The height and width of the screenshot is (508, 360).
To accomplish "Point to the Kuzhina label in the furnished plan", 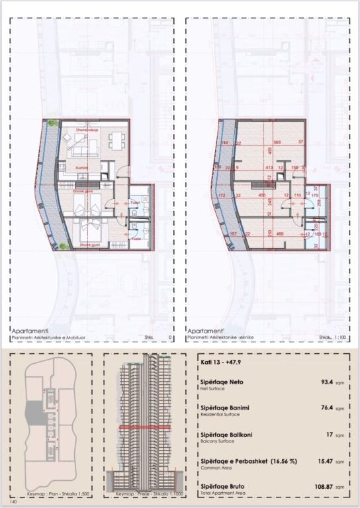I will click(x=82, y=169).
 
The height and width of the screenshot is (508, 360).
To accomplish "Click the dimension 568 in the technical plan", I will click(x=277, y=142).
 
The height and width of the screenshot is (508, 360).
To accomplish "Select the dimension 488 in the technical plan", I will click(x=280, y=233).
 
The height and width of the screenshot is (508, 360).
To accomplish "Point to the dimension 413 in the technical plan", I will click(x=270, y=168).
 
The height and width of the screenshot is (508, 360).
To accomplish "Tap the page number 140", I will click(x=14, y=502).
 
